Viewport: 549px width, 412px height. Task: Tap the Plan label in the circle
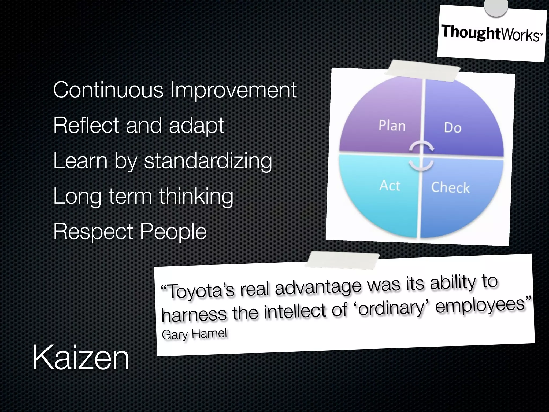click(392, 126)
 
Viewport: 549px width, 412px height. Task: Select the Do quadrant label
click(452, 128)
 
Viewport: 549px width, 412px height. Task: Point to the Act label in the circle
click(390, 186)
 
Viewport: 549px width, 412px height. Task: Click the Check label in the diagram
click(450, 187)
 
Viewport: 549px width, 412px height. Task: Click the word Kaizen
click(81, 358)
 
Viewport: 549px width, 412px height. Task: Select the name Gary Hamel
click(194, 334)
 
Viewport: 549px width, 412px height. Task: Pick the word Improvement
click(233, 90)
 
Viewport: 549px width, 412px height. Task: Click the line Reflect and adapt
click(138, 125)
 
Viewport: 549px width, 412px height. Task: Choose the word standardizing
click(208, 161)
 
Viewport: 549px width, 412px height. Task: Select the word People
click(173, 231)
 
